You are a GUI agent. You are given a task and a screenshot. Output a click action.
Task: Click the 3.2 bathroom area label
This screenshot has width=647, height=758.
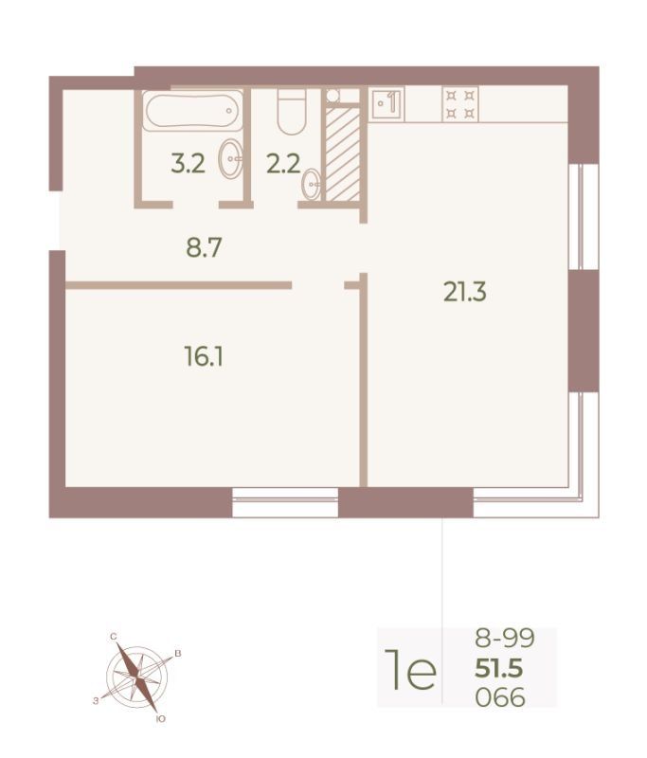pos(188,163)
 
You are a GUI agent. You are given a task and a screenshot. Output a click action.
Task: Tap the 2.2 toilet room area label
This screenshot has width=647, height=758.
pos(283,163)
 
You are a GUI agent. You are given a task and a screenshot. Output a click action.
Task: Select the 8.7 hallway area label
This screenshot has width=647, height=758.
pos(204,248)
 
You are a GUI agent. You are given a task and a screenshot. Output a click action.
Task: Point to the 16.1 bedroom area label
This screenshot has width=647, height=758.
pos(204,357)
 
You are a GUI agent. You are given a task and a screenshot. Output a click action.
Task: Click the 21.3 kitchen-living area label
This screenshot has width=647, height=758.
pos(465,292)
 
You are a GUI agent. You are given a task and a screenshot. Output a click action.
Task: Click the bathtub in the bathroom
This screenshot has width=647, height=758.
pos(193,111)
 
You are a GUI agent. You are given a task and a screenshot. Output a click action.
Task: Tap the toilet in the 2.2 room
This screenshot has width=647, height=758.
pos(292,112)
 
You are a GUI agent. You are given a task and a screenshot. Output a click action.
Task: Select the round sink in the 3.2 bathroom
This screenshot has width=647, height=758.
pos(230,158)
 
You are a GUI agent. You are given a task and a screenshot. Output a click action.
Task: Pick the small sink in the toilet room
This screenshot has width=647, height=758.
pos(312,183)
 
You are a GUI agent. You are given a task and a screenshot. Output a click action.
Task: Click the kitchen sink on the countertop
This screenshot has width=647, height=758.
pos(387,103)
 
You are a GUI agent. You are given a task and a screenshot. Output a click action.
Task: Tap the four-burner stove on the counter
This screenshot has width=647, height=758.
pos(460,104)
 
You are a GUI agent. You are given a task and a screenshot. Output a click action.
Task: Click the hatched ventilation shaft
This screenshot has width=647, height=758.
pos(343,153)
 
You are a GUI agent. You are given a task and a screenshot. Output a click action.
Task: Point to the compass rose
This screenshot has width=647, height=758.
pos(137,676)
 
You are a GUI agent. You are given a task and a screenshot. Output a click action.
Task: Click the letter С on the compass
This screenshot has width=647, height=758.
pos(114,637)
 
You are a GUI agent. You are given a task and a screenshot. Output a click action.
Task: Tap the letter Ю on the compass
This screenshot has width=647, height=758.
pos(161,719)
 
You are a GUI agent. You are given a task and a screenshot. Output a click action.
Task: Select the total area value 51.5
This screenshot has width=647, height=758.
pos(499,669)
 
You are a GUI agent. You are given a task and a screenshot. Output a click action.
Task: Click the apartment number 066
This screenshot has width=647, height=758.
pos(500,697)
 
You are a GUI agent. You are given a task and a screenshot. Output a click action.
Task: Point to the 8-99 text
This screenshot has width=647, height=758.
pos(505,638)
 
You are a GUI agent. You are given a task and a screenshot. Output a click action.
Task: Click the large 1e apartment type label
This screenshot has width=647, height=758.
pos(410,670)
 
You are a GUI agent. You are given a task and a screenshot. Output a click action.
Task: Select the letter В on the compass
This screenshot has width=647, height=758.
pos(178,654)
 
